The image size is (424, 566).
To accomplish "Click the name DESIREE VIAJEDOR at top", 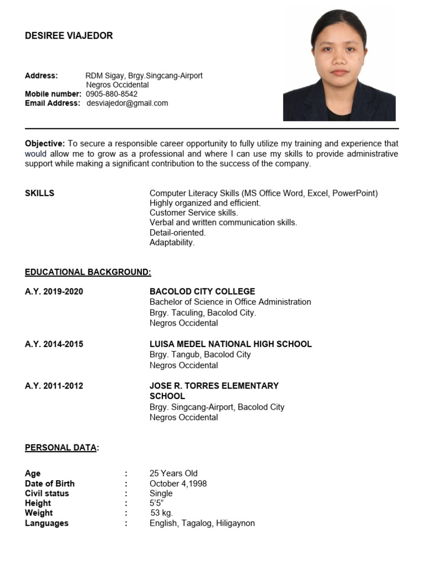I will [68, 36].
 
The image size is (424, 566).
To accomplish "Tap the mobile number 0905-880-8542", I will [112, 94].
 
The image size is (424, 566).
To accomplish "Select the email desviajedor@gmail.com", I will [128, 103].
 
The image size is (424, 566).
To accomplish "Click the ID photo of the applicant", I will [339, 65].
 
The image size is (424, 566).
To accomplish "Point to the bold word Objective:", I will [45, 144].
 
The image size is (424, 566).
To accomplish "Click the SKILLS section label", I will [40, 193].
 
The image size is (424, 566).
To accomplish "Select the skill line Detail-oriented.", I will [177, 233].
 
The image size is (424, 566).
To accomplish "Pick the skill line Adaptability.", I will [172, 243].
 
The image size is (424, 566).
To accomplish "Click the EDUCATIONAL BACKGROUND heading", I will [88, 272].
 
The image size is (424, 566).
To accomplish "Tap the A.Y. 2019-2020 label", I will [54, 291].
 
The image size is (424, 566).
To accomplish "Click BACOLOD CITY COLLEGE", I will [202, 291].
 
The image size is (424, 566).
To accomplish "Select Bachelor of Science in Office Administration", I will [230, 302].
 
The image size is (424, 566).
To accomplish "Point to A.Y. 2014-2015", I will [54, 344].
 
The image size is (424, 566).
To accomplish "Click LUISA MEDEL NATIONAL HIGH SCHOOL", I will [230, 344].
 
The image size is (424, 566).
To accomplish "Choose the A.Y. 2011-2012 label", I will [54, 386].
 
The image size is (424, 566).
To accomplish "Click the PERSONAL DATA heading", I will [61, 448].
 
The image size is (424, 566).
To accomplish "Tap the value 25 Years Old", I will [173, 473].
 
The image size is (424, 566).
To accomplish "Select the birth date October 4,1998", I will [178, 484].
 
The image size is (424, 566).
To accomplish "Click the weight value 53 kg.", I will [162, 513].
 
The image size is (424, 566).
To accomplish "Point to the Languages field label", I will [47, 523].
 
